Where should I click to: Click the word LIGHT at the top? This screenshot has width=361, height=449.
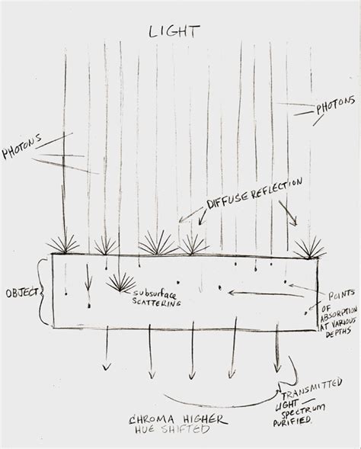[174, 31]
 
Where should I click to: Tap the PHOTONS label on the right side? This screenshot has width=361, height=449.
[336, 104]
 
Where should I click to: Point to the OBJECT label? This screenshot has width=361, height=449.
[22, 293]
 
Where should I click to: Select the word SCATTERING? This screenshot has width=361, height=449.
[157, 302]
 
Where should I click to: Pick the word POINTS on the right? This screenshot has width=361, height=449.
[341, 295]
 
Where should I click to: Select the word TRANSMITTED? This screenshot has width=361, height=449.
[311, 389]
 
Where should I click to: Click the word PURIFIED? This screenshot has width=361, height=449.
[292, 422]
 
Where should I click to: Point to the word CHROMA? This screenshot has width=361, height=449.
[152, 420]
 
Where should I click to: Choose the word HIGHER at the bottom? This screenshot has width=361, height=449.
[206, 419]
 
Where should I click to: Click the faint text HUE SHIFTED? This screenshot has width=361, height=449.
[172, 429]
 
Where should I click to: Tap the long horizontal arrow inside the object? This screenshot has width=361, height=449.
[266, 293]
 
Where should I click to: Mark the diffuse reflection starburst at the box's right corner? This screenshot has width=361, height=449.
[310, 248]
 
